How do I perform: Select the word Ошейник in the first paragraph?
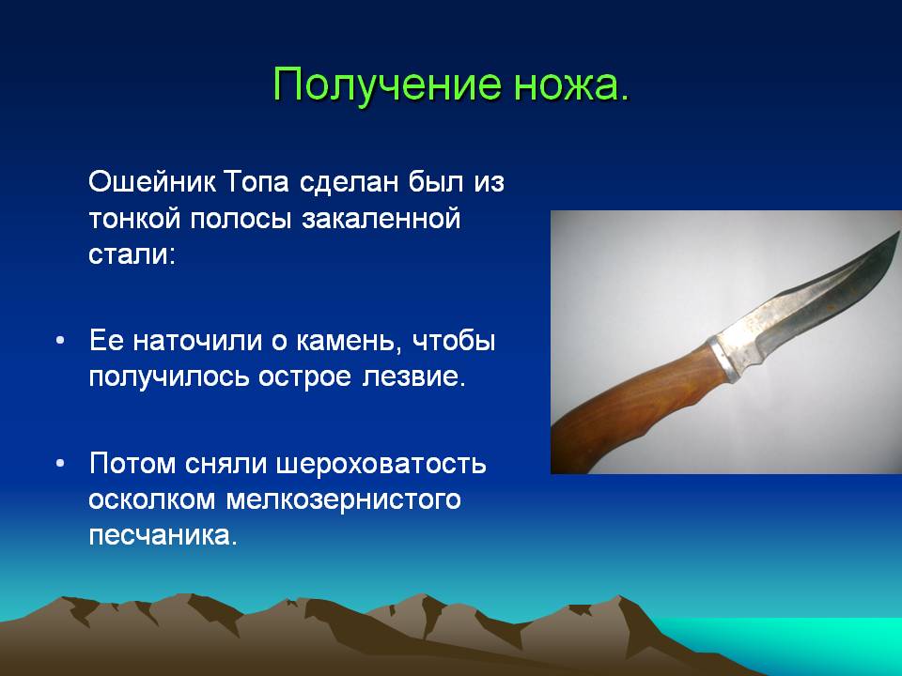[x=152, y=182]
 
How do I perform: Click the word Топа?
[x=257, y=182]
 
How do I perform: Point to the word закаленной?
[x=381, y=220]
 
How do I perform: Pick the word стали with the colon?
[x=132, y=254]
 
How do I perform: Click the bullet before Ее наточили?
[x=60, y=340]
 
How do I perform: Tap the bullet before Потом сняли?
[x=60, y=463]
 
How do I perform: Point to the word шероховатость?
[x=381, y=464]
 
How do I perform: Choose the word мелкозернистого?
[x=344, y=500]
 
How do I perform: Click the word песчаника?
[x=163, y=536]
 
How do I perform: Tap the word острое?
[x=304, y=378]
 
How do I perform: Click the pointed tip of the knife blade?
[x=898, y=233]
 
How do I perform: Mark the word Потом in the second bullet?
[x=132, y=464]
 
